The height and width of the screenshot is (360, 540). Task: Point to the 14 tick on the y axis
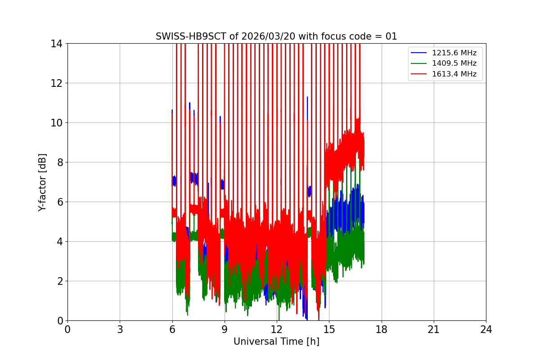(57, 44)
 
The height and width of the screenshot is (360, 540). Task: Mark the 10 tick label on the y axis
(57, 123)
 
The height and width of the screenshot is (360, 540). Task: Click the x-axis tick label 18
(381, 329)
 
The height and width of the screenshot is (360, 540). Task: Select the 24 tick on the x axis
(486, 329)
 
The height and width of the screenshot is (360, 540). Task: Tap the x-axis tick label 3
(120, 329)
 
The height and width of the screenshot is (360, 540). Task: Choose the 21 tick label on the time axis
(434, 329)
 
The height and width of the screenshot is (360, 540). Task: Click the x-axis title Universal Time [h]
(276, 342)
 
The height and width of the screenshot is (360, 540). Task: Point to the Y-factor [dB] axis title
(42, 182)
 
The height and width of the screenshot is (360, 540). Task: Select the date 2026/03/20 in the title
(254, 36)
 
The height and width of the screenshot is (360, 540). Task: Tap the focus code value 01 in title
(391, 36)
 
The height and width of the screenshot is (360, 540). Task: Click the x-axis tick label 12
(276, 329)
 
